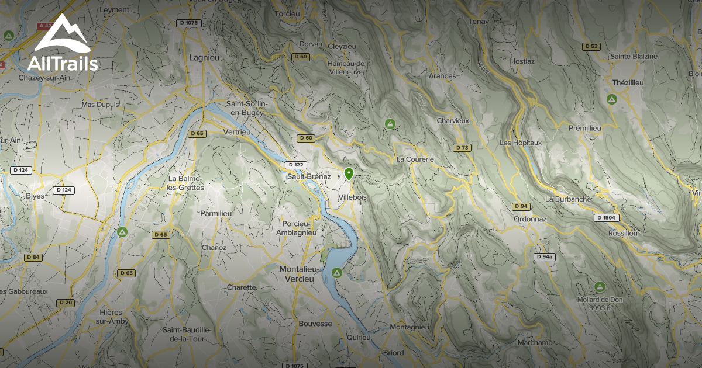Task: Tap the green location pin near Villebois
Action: tap(349, 174)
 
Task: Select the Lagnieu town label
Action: tap(204, 57)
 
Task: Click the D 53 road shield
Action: tap(591, 46)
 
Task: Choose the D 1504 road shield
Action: tap(607, 218)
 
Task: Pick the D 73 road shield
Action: tap(462, 147)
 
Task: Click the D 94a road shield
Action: tap(545, 257)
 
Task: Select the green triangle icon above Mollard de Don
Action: tap(599, 286)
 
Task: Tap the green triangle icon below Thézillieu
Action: tap(612, 99)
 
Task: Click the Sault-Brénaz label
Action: tap(309, 176)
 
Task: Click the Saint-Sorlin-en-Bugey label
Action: tap(247, 108)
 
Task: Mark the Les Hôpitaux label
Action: tap(521, 143)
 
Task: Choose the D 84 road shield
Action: tap(33, 257)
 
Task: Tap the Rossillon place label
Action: tap(623, 233)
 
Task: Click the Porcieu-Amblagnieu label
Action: tap(296, 228)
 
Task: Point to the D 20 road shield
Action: tap(66, 303)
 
